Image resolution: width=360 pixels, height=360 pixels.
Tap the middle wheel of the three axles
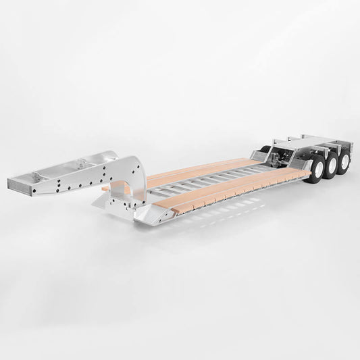[x=330, y=168]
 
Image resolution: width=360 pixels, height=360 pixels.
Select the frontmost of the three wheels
[x=315, y=173]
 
